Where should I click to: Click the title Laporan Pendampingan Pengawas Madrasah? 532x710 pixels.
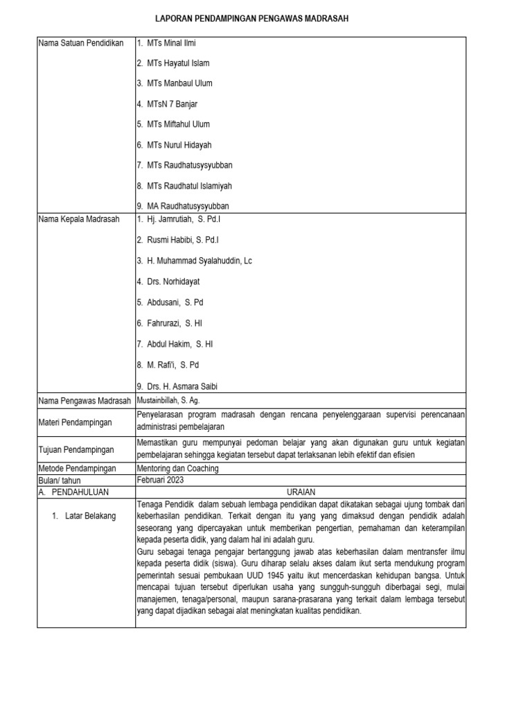tap(265, 19)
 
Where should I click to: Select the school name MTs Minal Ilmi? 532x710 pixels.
tap(171, 43)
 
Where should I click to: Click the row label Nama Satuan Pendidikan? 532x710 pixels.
tap(81, 43)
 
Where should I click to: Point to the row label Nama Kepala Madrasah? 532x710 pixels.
tap(79, 219)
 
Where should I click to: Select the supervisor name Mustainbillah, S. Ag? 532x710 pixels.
tap(169, 400)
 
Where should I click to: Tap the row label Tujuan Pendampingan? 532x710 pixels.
tap(76, 449)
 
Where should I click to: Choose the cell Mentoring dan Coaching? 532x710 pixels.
tap(178, 469)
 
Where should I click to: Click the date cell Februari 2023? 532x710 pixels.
tap(161, 480)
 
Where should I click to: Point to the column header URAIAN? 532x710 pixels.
tap(301, 492)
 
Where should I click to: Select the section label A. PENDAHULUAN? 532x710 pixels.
tap(76, 492)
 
